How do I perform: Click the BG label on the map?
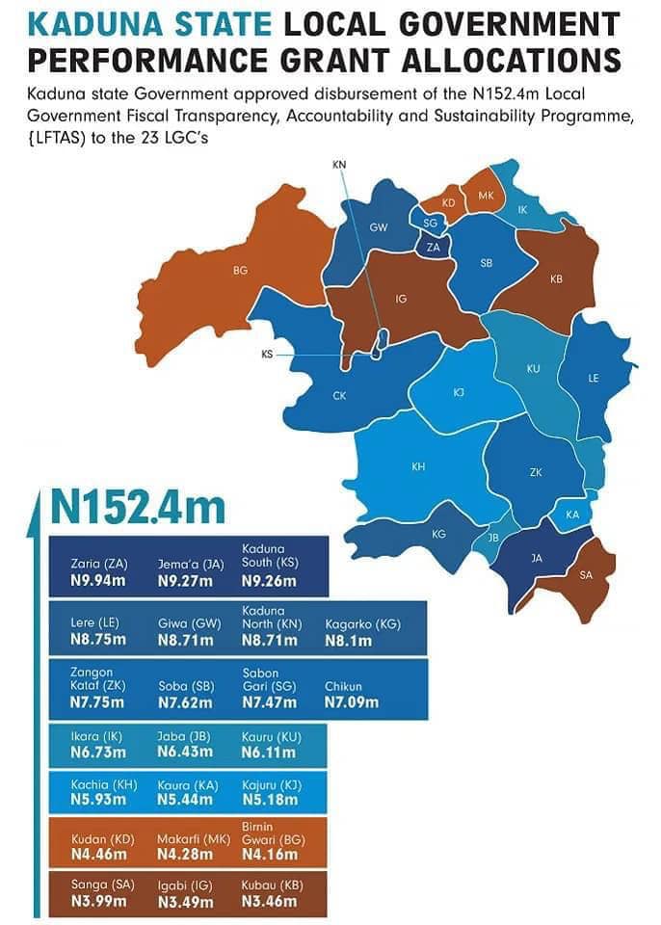click(240, 271)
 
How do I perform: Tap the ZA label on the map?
click(434, 248)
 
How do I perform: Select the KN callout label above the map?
click(339, 165)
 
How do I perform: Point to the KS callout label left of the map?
click(267, 355)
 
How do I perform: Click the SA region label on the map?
click(586, 574)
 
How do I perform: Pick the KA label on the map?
click(572, 515)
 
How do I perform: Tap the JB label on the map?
click(493, 538)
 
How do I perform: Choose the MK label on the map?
click(486, 196)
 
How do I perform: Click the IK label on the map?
click(522, 209)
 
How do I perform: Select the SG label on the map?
click(431, 223)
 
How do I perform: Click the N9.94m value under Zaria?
click(98, 580)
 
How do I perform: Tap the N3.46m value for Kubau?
click(269, 902)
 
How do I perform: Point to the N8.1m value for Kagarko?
click(349, 641)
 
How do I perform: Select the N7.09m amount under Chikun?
click(352, 702)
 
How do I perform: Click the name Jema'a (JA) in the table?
click(191, 565)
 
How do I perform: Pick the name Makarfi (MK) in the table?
click(194, 839)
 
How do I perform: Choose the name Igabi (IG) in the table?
click(185, 885)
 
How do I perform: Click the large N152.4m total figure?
click(138, 508)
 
